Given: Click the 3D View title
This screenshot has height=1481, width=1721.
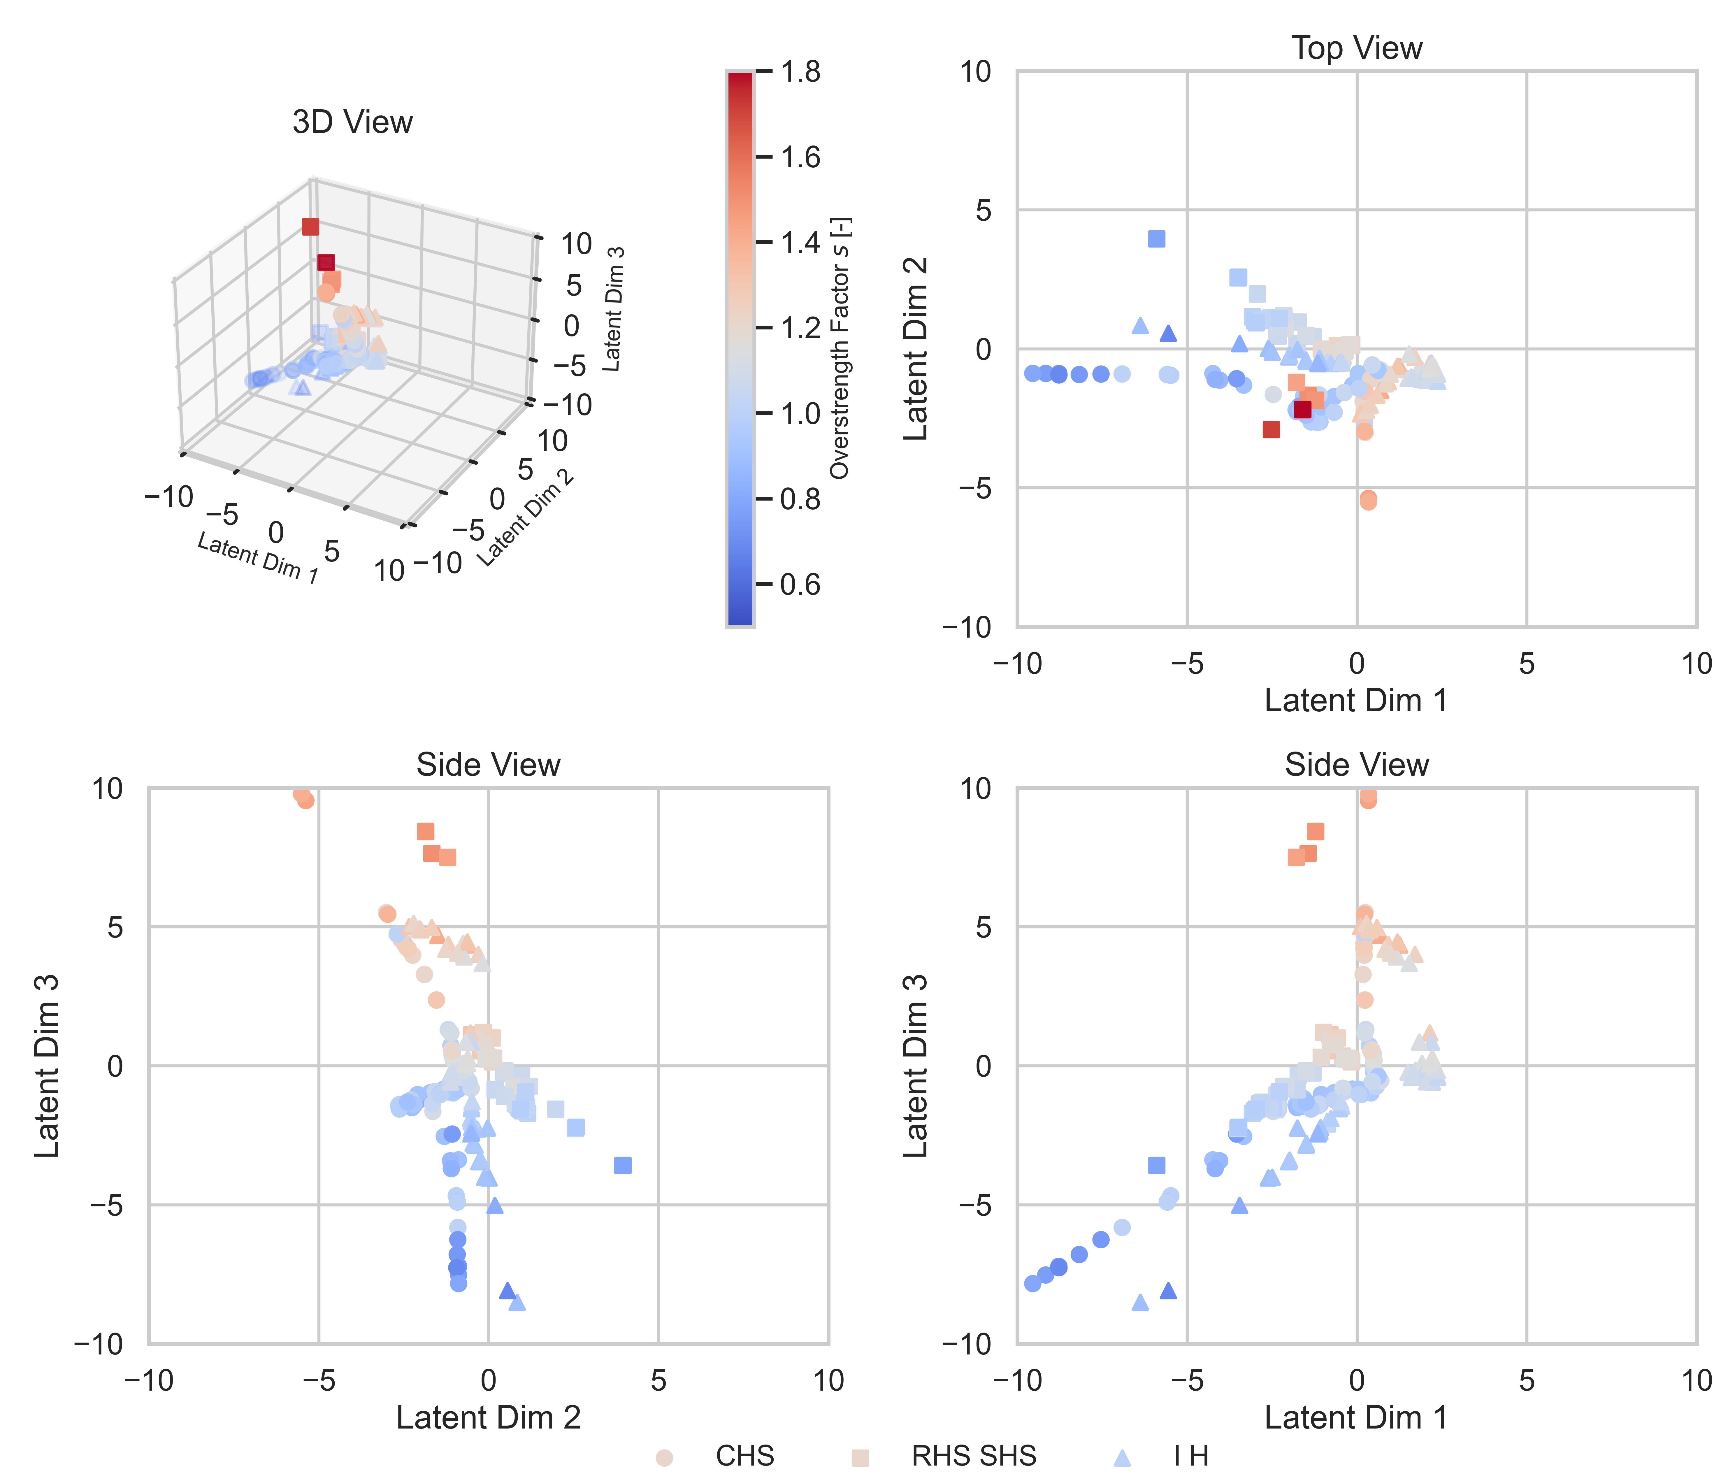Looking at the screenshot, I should pos(352,122).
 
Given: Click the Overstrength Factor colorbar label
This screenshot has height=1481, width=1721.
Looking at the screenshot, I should pos(841,349).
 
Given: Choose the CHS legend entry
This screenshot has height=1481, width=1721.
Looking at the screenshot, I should pos(744,1456).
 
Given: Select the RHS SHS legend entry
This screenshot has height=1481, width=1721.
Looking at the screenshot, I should pos(974,1456).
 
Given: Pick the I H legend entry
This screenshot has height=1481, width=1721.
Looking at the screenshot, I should pos(1190,1456).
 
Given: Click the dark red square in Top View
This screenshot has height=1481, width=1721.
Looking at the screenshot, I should pos(1302,410).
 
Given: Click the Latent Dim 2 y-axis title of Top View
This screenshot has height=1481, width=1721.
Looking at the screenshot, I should pos(914,349).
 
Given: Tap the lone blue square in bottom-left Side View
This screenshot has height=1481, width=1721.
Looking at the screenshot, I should pos(623,1165).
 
